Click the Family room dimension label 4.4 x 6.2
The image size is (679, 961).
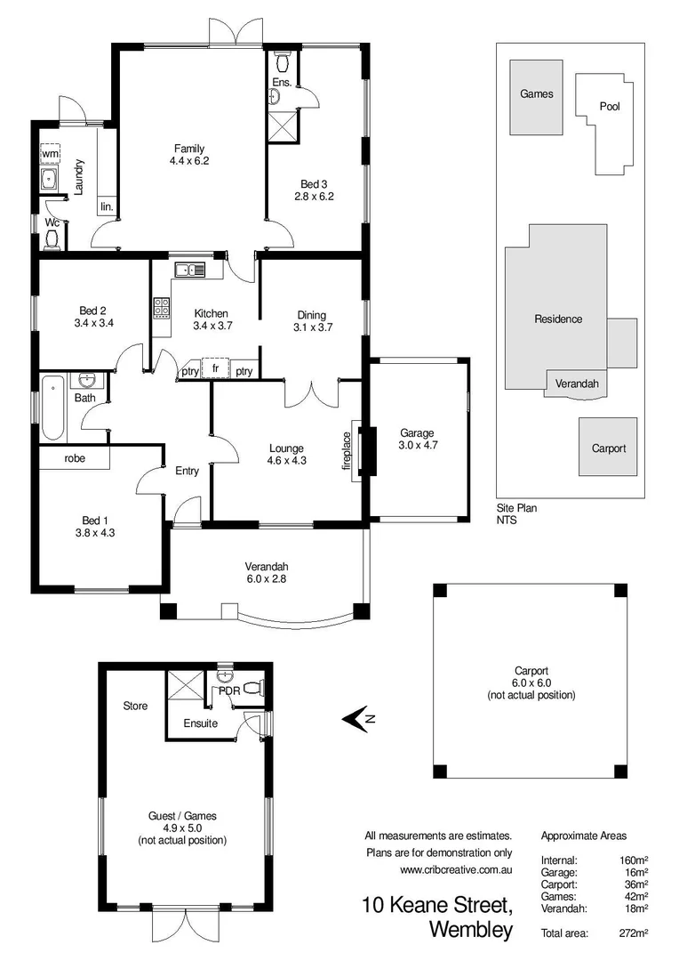[x=188, y=161]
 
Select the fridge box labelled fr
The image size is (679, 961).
[x=215, y=367]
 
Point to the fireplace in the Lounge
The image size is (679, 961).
[x=357, y=451]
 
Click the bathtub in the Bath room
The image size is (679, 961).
[x=52, y=408]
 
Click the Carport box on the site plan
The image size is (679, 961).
[x=609, y=448]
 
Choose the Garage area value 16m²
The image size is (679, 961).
[x=635, y=873]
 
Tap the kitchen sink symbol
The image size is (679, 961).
[x=189, y=270]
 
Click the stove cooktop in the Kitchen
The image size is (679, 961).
[x=163, y=307]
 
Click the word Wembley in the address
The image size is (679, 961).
[x=470, y=931]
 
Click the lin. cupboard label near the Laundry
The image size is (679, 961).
[x=107, y=206]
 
